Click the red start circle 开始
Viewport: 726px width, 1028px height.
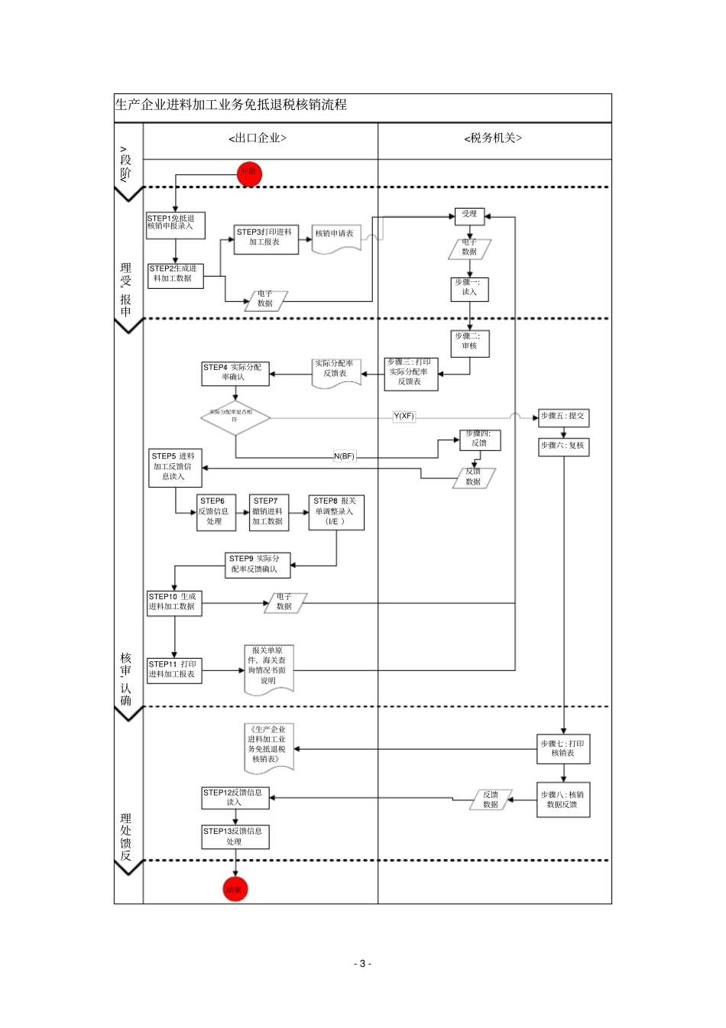coord(249,173)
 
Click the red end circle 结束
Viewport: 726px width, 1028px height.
coord(235,889)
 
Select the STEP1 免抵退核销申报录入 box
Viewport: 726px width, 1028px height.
coord(174,223)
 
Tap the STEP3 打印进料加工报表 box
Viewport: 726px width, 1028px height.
coord(266,238)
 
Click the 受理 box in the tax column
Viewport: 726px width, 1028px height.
coord(469,215)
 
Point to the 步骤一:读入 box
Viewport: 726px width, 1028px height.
coord(469,288)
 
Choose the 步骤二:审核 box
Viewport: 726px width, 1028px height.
coord(469,342)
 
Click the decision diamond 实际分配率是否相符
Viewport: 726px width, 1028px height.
coord(235,417)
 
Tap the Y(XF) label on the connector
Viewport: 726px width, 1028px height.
coord(404,417)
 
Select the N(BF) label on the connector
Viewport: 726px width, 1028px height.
coord(344,456)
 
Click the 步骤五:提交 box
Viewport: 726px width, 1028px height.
coord(562,417)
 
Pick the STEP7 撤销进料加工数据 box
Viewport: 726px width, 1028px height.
coord(268,512)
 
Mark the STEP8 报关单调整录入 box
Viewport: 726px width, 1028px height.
coord(335,512)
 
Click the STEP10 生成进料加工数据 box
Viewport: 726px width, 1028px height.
coord(174,602)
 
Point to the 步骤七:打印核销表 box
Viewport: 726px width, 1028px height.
coord(563,749)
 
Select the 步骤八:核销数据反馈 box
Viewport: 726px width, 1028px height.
coord(563,800)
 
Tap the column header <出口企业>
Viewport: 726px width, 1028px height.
coord(258,138)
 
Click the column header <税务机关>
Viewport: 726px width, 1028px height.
coord(493,138)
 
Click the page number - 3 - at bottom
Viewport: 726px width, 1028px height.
coord(363,964)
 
